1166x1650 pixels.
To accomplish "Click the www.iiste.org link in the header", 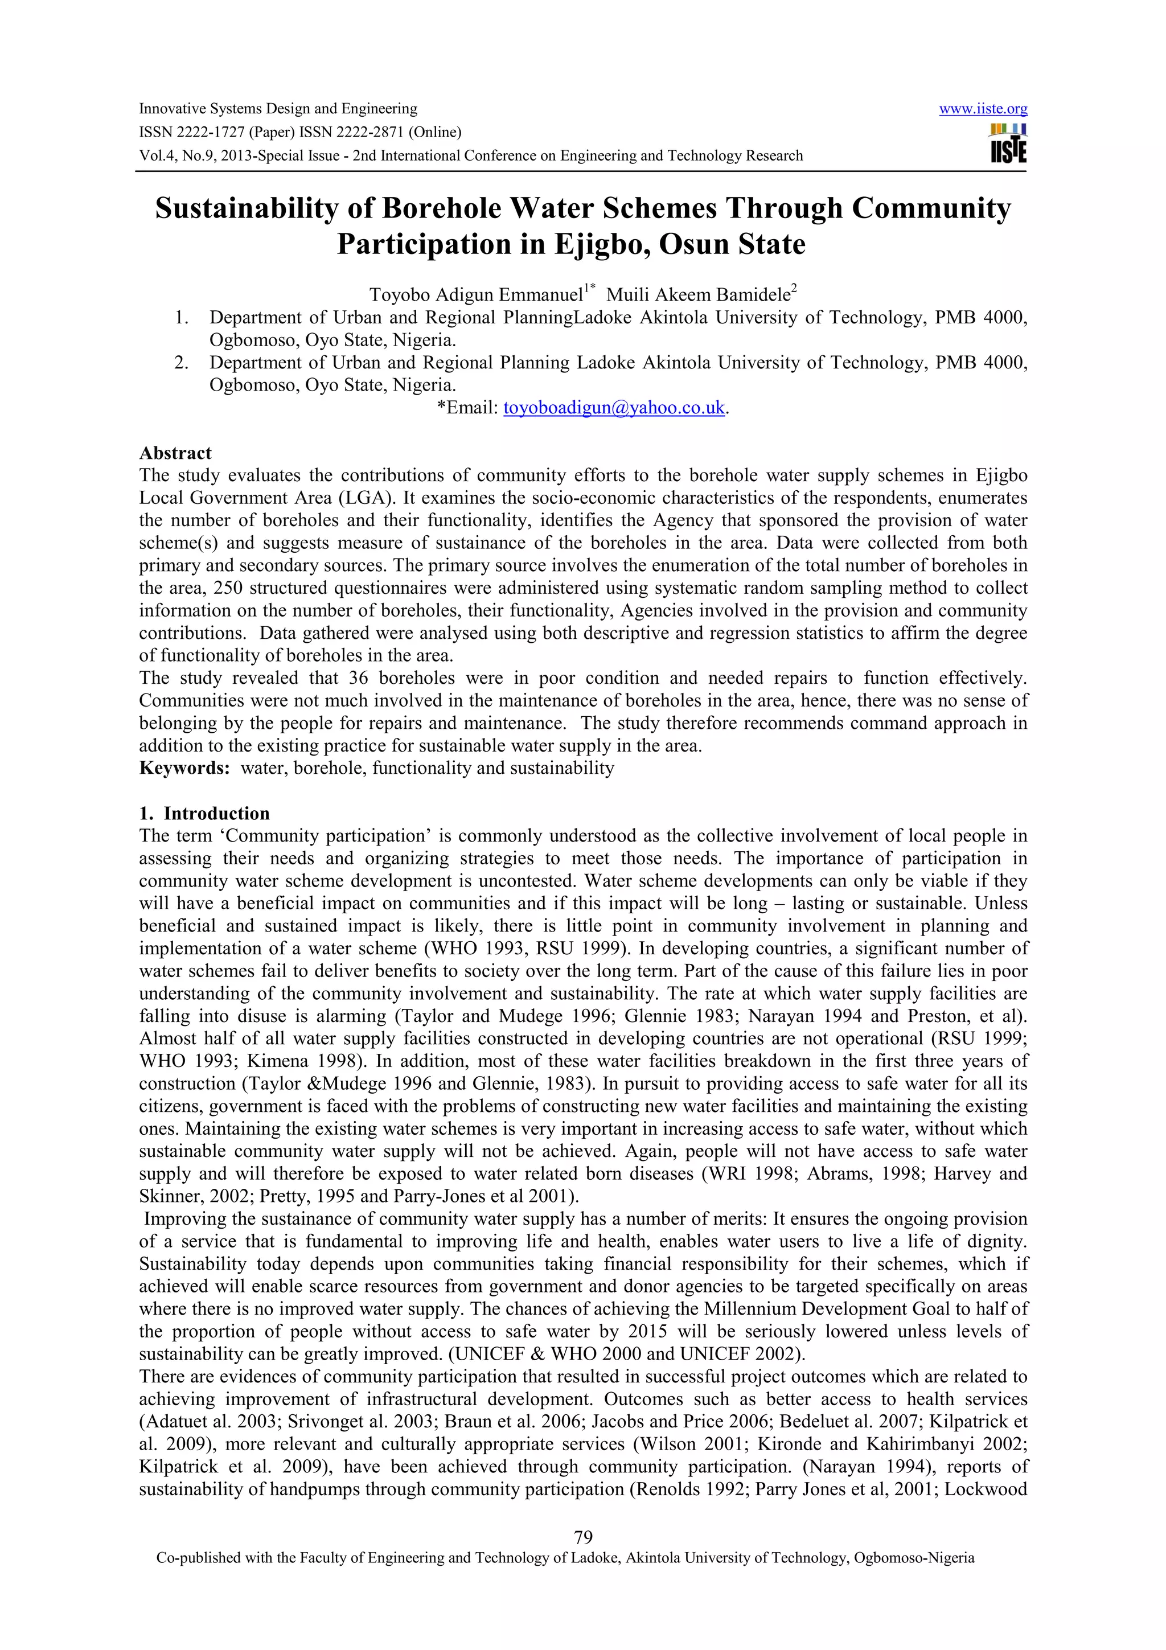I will click(x=983, y=109).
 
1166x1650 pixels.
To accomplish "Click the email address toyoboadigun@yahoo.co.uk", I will click(x=614, y=408).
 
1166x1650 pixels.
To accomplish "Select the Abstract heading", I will click(x=175, y=453).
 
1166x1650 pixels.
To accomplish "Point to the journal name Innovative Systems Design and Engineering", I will click(x=277, y=109).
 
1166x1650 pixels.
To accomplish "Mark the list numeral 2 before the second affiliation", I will click(x=181, y=363).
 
